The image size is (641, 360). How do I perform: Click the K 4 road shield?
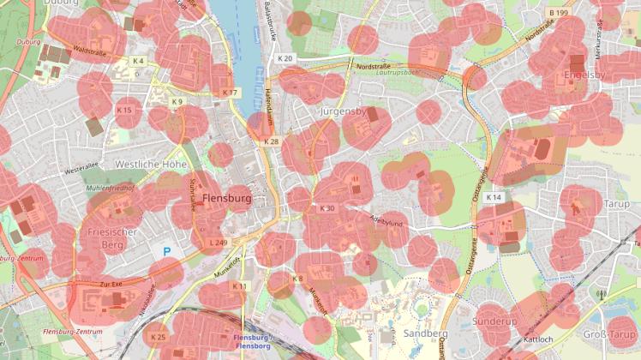click(138, 61)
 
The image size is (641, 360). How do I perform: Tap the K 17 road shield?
click(230, 92)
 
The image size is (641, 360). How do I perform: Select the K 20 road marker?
click(285, 58)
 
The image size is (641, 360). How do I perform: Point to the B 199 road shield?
click(558, 14)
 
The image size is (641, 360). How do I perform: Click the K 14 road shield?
click(493, 198)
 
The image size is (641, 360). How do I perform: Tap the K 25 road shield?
click(159, 338)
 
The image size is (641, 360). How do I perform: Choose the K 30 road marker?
click(326, 208)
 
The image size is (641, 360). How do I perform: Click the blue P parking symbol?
click(167, 252)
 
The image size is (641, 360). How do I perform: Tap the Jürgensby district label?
click(342, 112)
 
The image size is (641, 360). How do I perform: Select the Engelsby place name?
click(584, 75)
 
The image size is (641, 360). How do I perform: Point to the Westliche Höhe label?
click(151, 163)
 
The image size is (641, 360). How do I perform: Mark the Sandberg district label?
click(424, 333)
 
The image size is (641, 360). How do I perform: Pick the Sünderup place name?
click(495, 321)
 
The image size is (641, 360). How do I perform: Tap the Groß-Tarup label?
click(610, 334)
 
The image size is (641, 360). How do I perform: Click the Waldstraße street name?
click(89, 51)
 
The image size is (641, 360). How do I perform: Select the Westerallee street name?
click(82, 171)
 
